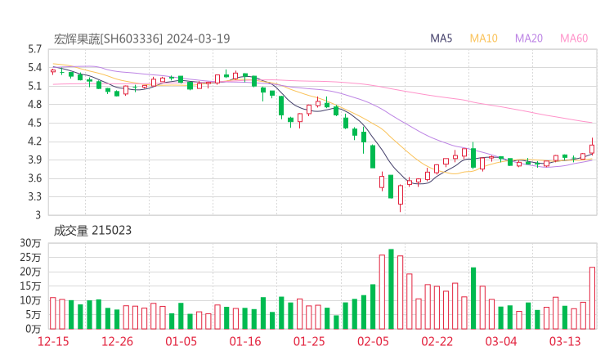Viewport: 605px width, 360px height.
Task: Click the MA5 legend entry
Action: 441,38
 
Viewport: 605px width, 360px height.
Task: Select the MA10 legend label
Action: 484,38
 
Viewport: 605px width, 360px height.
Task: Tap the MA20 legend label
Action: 529,38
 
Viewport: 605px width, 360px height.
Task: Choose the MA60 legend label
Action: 574,38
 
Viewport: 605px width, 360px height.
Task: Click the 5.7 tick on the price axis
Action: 34,49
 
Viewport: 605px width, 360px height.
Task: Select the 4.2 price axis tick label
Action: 34,142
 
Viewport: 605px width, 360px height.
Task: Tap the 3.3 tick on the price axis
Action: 34,197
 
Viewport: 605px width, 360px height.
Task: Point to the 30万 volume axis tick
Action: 31,244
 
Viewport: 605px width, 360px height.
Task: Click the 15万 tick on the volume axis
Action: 31,286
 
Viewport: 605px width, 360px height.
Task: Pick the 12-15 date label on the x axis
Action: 52,341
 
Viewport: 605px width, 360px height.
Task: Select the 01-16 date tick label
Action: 244,341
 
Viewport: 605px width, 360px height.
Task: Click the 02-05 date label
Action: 373,341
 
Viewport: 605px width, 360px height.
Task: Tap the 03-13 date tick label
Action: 565,341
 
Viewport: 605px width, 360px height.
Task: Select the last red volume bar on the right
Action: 592,297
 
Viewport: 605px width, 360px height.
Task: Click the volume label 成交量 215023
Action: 92,231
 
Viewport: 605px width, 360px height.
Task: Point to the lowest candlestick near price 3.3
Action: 400,196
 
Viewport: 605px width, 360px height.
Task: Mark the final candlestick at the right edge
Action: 592,148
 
